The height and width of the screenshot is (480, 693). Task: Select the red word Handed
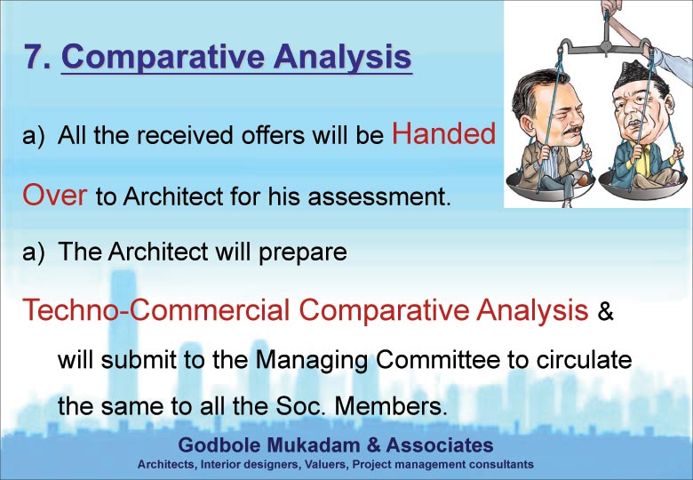tap(443, 133)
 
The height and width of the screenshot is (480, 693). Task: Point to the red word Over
tap(55, 195)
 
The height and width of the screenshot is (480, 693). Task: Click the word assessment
tap(379, 196)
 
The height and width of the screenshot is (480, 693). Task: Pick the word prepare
tap(303, 252)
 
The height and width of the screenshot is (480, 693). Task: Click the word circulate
tap(584, 359)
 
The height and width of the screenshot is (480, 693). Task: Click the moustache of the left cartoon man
tap(571, 132)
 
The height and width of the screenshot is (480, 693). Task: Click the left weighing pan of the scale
tap(550, 183)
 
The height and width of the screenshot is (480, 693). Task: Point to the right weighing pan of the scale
tap(644, 184)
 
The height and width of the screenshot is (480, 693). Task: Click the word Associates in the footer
tap(440, 444)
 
